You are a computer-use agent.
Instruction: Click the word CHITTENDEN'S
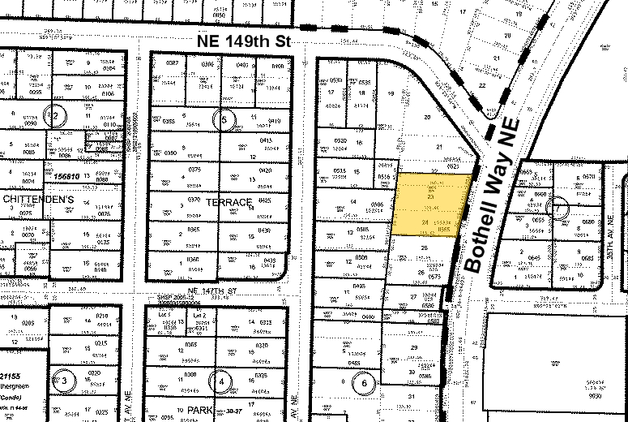point(39,199)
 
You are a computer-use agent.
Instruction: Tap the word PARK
point(199,411)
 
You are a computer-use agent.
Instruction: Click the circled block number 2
point(56,115)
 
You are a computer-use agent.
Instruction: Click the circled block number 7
point(558,207)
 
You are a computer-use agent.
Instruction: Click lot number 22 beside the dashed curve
point(483,84)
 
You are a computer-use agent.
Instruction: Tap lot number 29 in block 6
point(413,347)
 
